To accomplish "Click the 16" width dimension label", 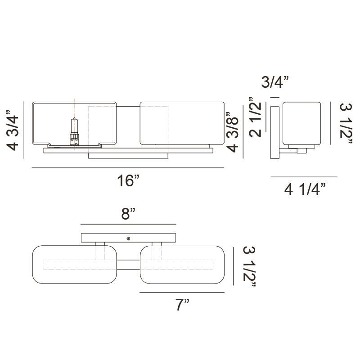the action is click(128, 180).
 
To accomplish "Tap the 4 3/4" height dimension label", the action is click(13, 130).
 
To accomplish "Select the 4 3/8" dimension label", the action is click(232, 132).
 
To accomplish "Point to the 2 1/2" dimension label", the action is click(255, 117).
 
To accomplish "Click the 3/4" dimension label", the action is click(275, 82).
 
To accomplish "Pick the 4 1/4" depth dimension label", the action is click(305, 189).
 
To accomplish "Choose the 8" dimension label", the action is click(128, 213).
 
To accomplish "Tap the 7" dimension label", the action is click(182, 305).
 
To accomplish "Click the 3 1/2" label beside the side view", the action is click(346, 123).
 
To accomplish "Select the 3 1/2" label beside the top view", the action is click(249, 266).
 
